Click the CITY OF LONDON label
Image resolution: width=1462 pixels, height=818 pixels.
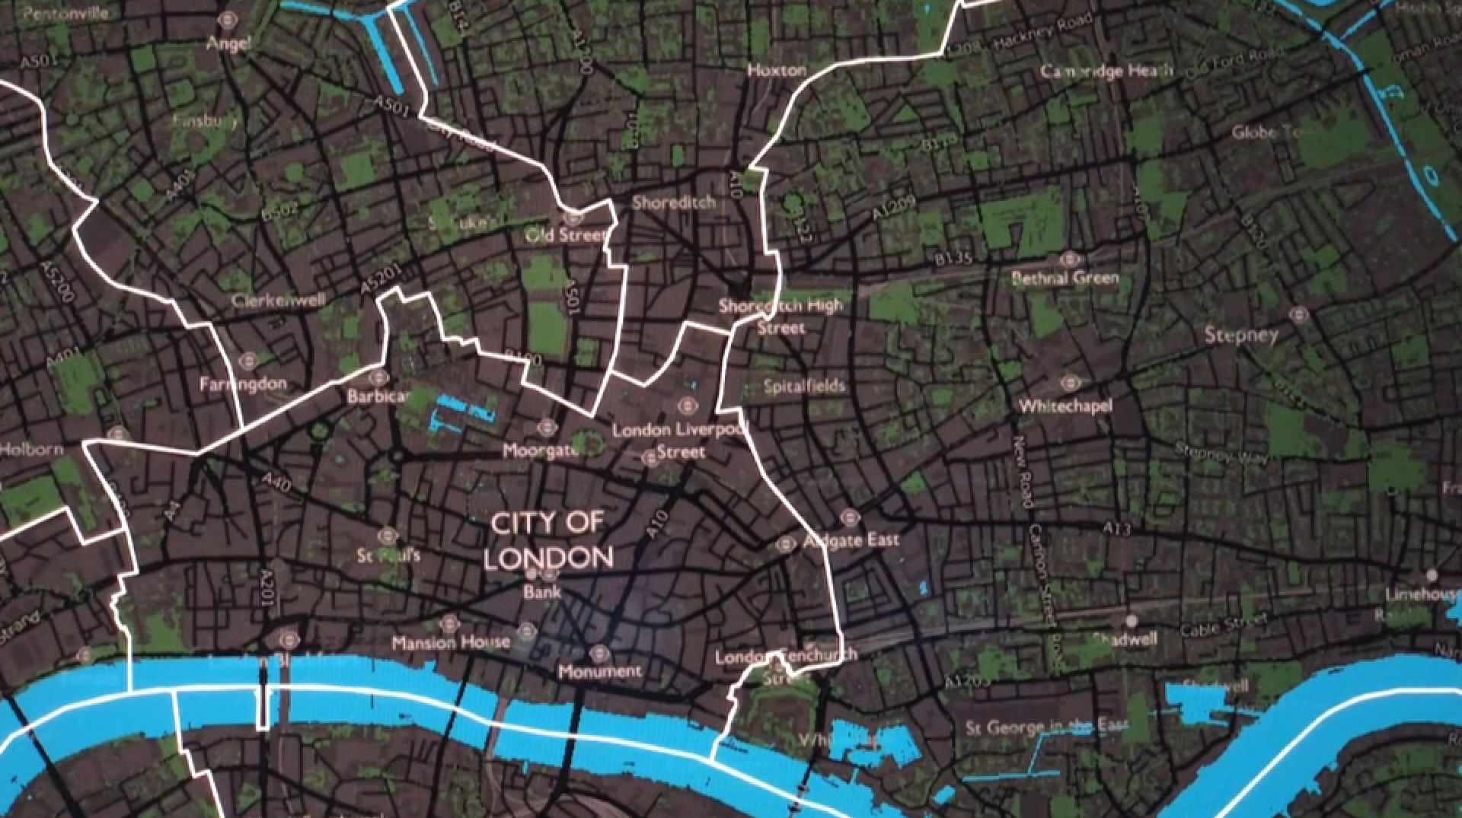(548, 541)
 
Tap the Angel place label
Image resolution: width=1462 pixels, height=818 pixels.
(228, 43)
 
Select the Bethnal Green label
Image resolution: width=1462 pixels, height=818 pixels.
(1065, 279)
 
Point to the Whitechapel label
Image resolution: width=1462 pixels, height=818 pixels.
(1065, 406)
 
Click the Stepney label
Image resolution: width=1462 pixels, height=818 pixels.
(1240, 335)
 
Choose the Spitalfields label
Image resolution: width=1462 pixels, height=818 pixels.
(804, 387)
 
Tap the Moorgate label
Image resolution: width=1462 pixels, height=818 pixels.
(541, 451)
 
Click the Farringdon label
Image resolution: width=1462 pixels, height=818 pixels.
(243, 384)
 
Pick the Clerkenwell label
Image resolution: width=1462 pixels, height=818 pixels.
(278, 301)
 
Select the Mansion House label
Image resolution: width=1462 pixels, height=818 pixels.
(451, 643)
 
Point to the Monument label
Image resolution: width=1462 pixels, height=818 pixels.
(599, 672)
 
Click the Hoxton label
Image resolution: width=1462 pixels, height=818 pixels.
(777, 71)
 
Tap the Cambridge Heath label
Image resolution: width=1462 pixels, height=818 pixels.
(1106, 72)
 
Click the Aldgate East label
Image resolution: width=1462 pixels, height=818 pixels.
(851, 540)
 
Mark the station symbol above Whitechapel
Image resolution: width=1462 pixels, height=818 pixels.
(1070, 384)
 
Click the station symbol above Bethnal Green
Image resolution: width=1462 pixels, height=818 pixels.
(1071, 258)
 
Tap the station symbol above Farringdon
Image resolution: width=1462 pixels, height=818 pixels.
(247, 361)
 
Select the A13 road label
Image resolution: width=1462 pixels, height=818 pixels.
(1116, 528)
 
